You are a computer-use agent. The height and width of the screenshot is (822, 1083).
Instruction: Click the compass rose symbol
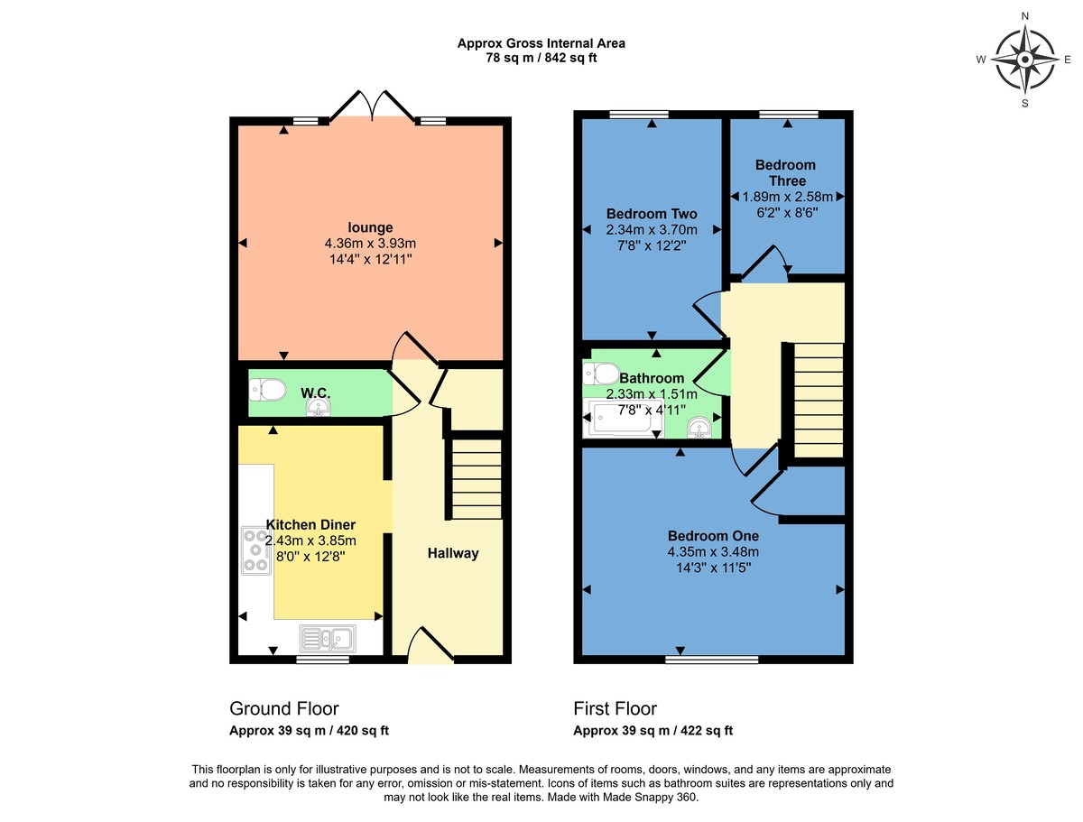coord(1025,60)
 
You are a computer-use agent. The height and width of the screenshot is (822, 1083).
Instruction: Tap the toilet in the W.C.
coord(267,390)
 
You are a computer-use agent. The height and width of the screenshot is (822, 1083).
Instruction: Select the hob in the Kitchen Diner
coord(256,550)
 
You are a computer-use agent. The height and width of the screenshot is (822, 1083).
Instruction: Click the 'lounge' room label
coord(370,227)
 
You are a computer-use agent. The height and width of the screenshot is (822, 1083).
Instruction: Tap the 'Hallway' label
coord(452,553)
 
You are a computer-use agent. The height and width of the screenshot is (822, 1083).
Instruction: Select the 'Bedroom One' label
coord(712,535)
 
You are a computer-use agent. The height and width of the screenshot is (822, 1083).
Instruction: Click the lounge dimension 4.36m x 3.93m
coord(370,244)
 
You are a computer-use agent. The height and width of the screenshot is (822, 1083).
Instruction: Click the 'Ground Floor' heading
coord(284,708)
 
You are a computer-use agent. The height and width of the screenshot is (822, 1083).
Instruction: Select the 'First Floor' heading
coord(616,708)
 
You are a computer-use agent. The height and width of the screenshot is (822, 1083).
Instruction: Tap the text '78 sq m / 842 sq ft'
coord(541,58)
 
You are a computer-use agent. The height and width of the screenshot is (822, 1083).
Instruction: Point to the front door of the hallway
coord(430,648)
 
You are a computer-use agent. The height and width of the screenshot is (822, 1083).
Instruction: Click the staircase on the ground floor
coord(476,479)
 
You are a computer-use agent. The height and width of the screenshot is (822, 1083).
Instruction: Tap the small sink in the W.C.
coord(317,411)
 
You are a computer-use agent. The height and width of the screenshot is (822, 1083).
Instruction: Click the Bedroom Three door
coord(766,265)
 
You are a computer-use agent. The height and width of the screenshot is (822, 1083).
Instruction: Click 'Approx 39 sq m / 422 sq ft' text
coord(653,731)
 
